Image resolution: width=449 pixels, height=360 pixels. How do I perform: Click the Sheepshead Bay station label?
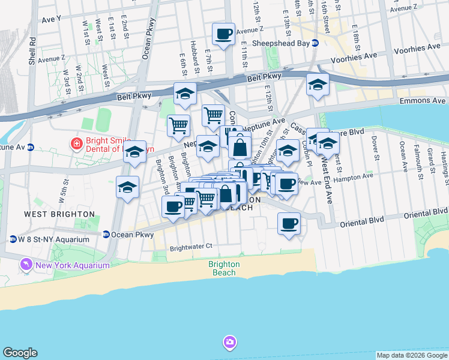(x=281, y=43)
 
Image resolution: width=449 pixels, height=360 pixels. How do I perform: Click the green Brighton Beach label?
(x=224, y=268)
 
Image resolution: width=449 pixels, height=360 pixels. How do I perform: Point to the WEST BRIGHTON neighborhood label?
(x=59, y=214)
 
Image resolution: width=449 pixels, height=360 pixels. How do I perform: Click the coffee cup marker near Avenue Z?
(x=224, y=34)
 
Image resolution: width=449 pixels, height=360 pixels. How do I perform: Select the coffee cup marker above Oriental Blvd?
(x=289, y=224)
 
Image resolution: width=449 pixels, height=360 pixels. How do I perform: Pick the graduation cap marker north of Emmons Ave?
(x=318, y=85)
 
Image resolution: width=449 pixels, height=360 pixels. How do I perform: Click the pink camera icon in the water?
(x=229, y=343)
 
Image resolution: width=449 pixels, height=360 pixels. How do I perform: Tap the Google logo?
(x=20, y=353)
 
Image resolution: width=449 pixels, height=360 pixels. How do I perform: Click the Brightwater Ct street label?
(x=191, y=246)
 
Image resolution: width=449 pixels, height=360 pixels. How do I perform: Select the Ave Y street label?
(x=52, y=19)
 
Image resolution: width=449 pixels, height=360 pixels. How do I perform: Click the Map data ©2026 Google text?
(x=412, y=355)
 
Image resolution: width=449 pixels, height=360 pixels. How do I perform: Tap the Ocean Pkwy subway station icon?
(x=106, y=235)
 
